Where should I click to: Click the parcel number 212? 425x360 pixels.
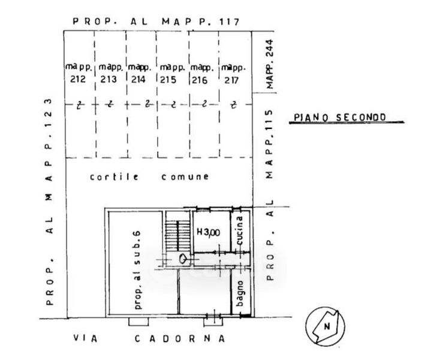point(78,79)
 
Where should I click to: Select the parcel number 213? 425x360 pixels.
point(108,79)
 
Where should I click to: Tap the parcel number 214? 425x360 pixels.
point(138,79)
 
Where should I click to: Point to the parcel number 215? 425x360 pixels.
point(168,79)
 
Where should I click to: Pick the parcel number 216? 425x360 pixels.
point(200,80)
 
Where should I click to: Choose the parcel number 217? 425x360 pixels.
point(231,80)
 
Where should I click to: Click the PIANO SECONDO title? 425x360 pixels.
point(340,117)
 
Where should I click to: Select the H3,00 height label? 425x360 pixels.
point(208,232)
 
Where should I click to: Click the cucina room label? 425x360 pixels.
point(239,230)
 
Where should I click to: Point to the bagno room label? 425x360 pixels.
point(240,293)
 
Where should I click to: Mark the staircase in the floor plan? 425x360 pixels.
point(177,235)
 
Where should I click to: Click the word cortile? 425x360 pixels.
point(114,177)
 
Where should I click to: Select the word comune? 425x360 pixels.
point(185,177)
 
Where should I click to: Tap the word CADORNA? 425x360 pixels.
point(180,338)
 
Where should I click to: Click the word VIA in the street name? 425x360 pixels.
point(85,338)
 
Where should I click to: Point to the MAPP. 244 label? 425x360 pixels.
point(270,64)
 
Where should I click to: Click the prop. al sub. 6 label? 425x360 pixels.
point(137,270)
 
